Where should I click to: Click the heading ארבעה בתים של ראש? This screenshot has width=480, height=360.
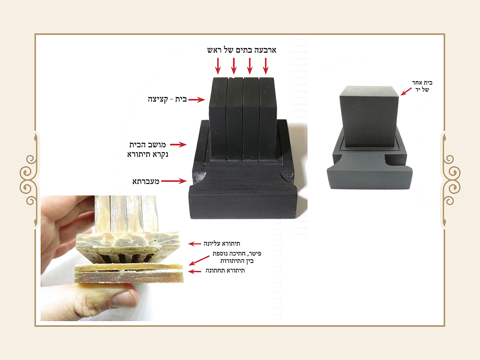pos(242,50)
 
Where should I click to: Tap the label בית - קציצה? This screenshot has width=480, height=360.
pos(167,100)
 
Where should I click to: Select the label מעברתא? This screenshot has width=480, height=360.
pos(146,182)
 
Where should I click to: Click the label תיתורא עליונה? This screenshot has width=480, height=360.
pos(222,244)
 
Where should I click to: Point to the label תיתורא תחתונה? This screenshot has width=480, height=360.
pos(225,271)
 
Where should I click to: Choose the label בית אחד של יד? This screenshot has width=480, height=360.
pos(422,86)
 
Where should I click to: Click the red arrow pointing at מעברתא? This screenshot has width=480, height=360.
pos(174,181)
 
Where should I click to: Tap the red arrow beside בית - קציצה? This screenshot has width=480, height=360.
pos(196,100)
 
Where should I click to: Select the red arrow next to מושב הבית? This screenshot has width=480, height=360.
pos(178,144)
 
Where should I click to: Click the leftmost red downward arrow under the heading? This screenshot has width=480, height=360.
pos(218,66)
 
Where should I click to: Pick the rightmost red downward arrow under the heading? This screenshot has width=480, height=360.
pos(266,66)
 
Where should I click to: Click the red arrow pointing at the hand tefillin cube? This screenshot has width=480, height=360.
pos(406,92)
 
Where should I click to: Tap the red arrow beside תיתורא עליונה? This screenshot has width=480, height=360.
pos(194,244)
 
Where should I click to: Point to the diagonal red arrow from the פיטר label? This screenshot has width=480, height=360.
pos(199,260)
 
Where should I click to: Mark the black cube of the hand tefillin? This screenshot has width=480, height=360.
pos(369,117)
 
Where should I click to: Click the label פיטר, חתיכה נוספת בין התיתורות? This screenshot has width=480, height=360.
pos(237,257)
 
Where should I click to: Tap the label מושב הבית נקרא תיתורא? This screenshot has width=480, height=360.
pos(148,150)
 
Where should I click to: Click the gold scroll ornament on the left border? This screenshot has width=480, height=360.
pos(30,180)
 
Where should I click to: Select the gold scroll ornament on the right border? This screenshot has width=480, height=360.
pos(450,180)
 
